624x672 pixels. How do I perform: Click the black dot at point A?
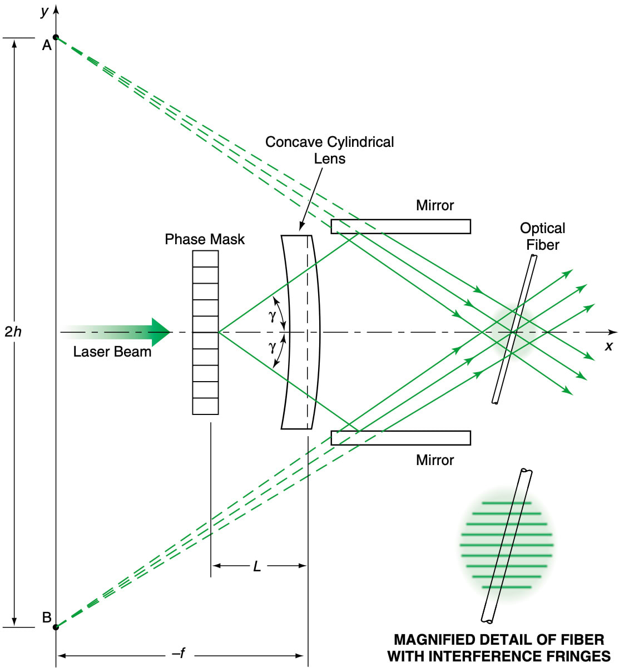[56, 37]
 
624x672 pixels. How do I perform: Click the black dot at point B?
[56, 627]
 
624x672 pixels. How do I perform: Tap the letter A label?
[47, 46]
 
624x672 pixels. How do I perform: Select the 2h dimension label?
[13, 332]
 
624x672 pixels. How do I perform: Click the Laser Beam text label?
[112, 352]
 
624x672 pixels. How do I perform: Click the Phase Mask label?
[204, 239]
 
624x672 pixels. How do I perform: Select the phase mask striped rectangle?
[205, 332]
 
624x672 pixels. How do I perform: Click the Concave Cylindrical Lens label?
[329, 150]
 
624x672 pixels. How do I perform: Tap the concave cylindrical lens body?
[300, 332]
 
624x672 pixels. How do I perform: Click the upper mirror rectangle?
[400, 226]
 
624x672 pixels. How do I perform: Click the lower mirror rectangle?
[400, 438]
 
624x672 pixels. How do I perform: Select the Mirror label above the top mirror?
[434, 205]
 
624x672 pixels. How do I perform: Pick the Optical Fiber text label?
[542, 236]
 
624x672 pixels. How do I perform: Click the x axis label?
[608, 347]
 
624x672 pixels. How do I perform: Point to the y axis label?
[44, 11]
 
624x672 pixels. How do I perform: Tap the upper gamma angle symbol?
[272, 316]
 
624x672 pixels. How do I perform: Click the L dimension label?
[257, 566]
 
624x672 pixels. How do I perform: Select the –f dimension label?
[179, 654]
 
